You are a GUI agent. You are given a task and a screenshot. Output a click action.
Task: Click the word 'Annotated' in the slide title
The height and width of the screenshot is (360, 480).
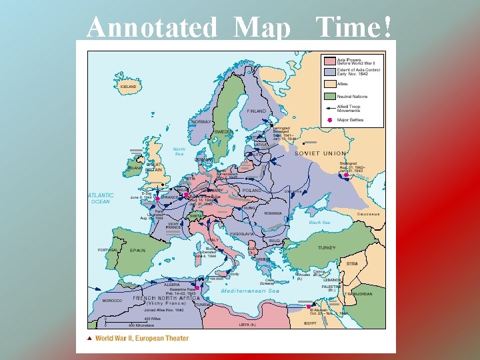152,27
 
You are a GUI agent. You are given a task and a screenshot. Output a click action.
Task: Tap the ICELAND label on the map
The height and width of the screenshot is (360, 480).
129,86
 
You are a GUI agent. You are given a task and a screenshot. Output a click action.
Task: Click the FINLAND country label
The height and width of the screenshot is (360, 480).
257,111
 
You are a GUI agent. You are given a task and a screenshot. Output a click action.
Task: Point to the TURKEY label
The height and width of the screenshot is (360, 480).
327,248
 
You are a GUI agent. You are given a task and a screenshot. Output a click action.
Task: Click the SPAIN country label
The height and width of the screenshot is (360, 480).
137,251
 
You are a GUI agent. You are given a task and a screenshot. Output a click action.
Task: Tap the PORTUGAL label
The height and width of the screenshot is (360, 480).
107,250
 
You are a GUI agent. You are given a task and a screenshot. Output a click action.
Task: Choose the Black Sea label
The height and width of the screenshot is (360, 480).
319,223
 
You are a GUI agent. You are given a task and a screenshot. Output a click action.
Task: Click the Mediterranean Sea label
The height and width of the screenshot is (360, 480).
250,291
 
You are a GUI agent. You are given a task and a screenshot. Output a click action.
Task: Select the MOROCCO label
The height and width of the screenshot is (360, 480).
112,301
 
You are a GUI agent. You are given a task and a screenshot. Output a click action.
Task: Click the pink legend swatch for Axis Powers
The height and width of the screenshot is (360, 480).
329,60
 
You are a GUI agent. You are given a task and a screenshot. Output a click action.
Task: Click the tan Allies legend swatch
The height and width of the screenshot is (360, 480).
329,85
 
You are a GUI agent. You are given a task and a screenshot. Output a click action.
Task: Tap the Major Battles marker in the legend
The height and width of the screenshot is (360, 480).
329,120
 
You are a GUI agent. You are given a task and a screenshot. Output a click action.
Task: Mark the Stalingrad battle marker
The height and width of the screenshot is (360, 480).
346,175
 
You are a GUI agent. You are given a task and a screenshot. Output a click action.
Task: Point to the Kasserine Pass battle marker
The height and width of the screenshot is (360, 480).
197,288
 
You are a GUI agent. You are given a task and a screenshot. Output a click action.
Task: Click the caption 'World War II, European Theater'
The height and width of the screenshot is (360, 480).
142,339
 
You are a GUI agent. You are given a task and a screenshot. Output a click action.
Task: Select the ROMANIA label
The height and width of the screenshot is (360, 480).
273,213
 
